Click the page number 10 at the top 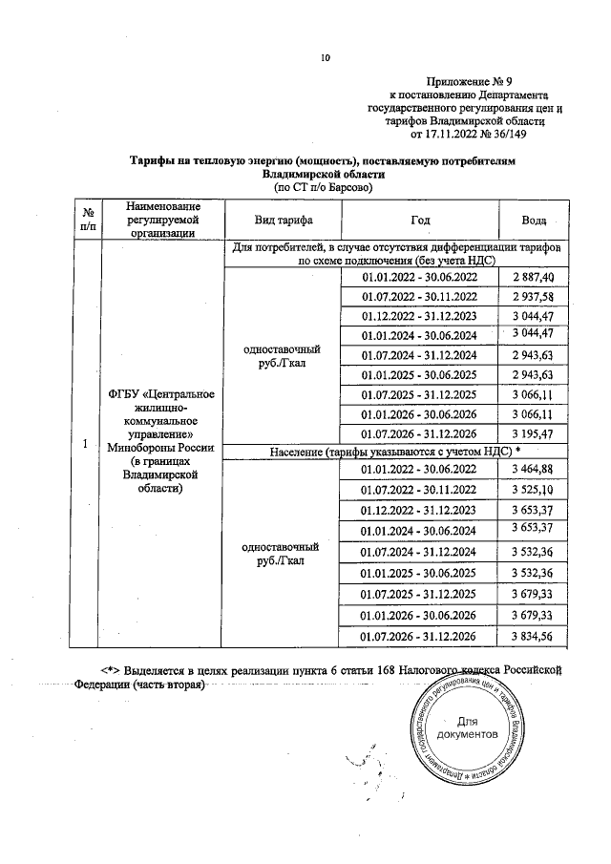coord(325,58)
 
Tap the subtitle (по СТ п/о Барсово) coord(324,188)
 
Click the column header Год coord(420,220)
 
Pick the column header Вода coord(533,220)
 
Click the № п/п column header coord(87,220)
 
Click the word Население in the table coord(301,451)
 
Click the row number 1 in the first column coord(87,445)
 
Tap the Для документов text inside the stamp coord(468,728)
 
